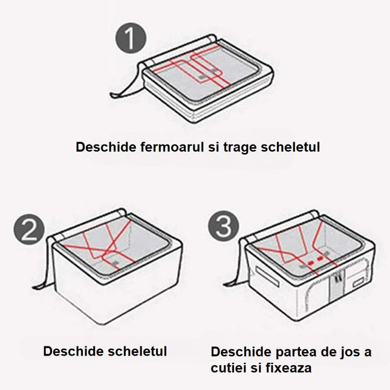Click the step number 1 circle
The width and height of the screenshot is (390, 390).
(x=131, y=40)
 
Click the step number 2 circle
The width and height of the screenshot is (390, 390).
(x=28, y=230)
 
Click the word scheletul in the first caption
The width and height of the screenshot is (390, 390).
(x=291, y=147)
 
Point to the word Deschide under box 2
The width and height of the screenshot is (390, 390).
(x=68, y=351)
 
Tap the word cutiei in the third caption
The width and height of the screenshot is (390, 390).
(x=230, y=368)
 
